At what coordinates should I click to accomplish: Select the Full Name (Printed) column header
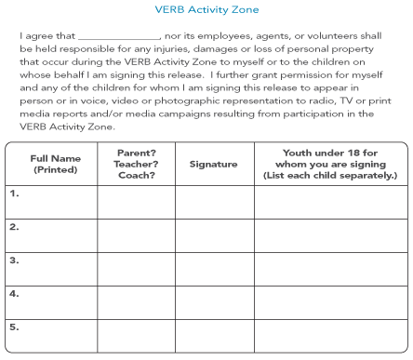(x=52, y=164)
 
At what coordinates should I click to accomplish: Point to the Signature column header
(x=213, y=164)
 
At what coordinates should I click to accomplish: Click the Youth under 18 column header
(x=330, y=164)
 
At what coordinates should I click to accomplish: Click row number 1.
(x=14, y=194)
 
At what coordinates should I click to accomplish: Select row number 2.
(x=14, y=227)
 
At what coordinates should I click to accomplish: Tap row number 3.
(x=14, y=260)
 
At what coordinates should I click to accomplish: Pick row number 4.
(x=14, y=294)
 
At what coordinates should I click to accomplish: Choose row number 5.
(x=14, y=327)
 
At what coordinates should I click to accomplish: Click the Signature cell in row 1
(x=213, y=202)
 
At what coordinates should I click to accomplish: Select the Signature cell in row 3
(x=213, y=269)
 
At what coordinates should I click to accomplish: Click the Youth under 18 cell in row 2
(x=330, y=235)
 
